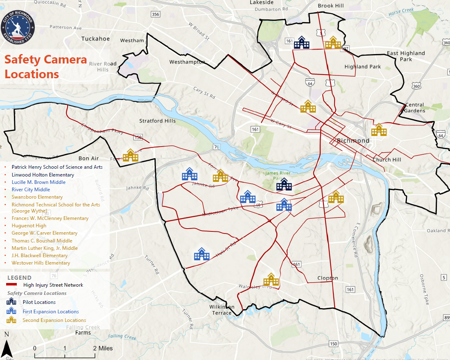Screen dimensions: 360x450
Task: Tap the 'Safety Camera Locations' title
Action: tap(45, 67)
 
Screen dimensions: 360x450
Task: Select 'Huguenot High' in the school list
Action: tap(29, 226)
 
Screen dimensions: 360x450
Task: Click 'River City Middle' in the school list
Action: tap(31, 190)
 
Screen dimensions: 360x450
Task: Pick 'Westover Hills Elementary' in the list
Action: tap(41, 263)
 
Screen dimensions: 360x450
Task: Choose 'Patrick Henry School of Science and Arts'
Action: tap(57, 167)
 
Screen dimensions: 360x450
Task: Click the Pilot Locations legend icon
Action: tap(11, 302)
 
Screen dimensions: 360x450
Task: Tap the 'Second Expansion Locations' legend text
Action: tap(54, 320)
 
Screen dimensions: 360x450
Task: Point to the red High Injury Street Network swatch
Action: tap(14, 285)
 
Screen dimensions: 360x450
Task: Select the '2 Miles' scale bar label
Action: tap(102, 349)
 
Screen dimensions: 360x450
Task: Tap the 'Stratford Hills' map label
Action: tap(157, 121)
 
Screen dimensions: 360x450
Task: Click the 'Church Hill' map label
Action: tap(387, 160)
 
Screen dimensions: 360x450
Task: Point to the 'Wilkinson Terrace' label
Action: tap(222, 310)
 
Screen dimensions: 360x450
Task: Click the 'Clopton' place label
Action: tap(328, 278)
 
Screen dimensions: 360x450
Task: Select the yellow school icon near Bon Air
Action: tap(131, 156)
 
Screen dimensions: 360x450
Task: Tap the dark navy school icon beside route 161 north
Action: tap(302, 43)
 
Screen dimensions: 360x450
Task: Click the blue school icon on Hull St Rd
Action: tap(201, 255)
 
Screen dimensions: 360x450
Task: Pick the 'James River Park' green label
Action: tap(278, 176)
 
